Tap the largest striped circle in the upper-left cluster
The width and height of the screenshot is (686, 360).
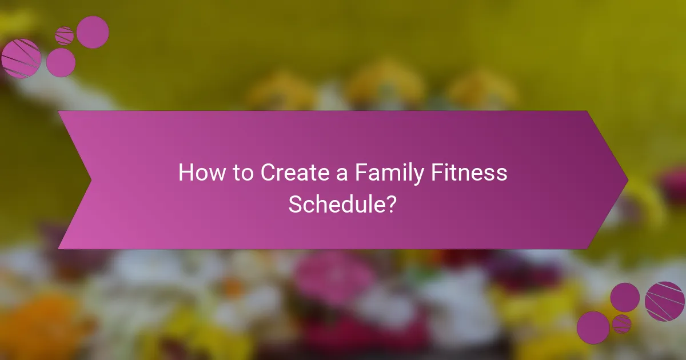[x=21, y=58]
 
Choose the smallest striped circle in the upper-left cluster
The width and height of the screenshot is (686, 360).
[x=65, y=36]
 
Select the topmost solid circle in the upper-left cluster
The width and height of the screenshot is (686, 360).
[x=93, y=32]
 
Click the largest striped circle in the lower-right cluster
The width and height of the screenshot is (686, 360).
[x=664, y=301]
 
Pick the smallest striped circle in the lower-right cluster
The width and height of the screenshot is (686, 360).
[x=621, y=323]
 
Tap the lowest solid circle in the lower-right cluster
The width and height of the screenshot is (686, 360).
[x=593, y=327]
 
